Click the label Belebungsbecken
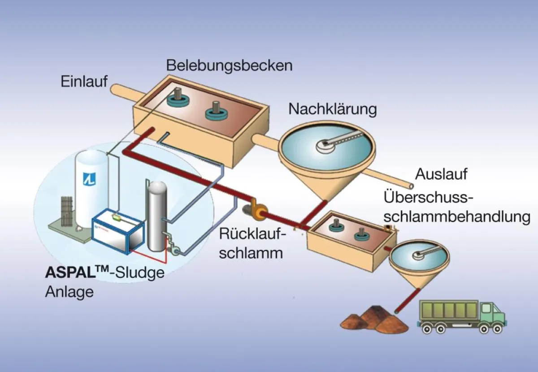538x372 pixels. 229,65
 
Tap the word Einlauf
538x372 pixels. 84,82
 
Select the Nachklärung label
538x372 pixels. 333,109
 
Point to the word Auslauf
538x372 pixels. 441,174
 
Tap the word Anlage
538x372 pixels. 69,292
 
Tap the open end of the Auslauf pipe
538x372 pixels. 411,185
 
